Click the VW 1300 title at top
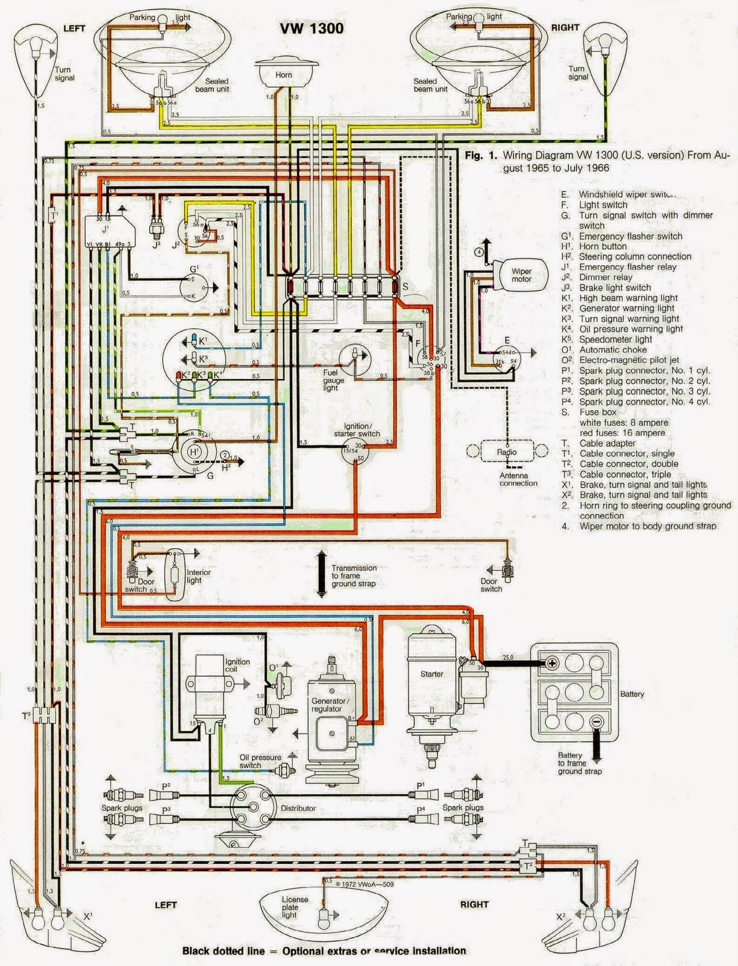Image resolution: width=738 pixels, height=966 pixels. click(311, 28)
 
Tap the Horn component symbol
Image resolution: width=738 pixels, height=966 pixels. click(283, 74)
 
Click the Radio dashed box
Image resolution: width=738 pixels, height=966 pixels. click(506, 452)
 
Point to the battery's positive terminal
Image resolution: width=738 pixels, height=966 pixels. click(552, 663)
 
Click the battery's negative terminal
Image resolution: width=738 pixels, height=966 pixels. click(596, 721)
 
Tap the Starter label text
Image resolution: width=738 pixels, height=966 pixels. click(431, 674)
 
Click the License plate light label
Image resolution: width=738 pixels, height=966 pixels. click(294, 907)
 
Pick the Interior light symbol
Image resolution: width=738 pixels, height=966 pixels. click(176, 568)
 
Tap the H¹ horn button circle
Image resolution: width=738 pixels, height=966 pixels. click(194, 452)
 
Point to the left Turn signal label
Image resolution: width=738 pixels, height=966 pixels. click(64, 74)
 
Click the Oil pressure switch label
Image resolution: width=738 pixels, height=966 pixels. click(260, 761)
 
